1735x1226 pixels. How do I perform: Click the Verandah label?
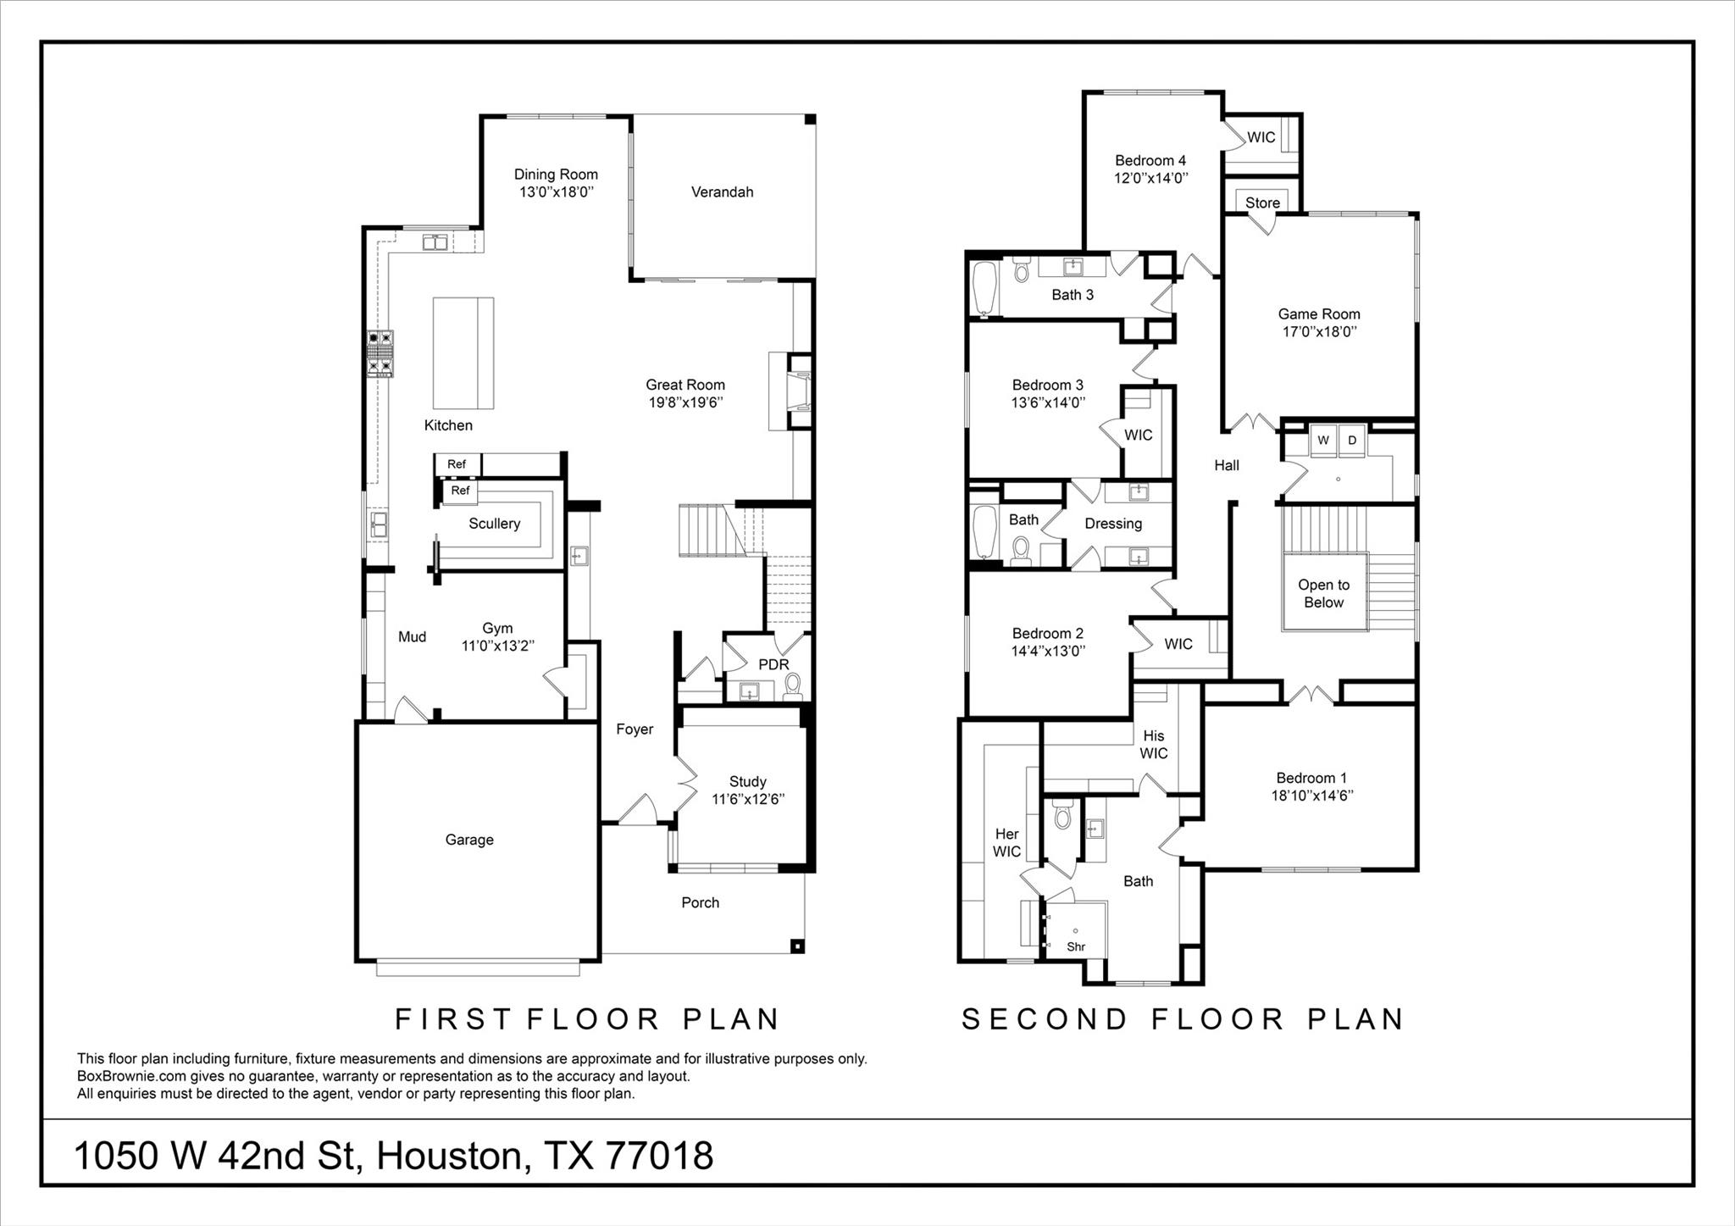[x=722, y=192]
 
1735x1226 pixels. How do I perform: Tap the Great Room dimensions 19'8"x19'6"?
[x=685, y=403]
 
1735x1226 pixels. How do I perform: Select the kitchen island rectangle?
[x=463, y=353]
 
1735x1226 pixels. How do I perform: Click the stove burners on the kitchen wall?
[x=380, y=353]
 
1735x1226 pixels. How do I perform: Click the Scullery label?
[x=494, y=524]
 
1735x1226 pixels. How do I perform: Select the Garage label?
[x=469, y=840]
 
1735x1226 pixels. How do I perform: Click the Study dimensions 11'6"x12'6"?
[x=747, y=799]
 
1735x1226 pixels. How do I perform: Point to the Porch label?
[x=700, y=903]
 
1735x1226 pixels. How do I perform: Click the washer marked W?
[x=1323, y=441]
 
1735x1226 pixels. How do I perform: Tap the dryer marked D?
[x=1352, y=441]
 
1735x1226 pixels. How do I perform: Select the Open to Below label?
[x=1323, y=593]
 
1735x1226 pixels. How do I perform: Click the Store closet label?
[x=1262, y=203]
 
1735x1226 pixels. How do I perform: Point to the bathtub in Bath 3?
[x=984, y=291]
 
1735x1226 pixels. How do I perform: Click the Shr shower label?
[x=1076, y=947]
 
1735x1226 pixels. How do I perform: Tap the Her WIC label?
[x=1006, y=843]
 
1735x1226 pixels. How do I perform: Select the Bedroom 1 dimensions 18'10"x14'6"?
[x=1311, y=796]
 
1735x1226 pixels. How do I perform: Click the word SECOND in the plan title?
[x=1044, y=1019]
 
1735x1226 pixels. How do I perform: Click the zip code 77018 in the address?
[x=660, y=1156]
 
